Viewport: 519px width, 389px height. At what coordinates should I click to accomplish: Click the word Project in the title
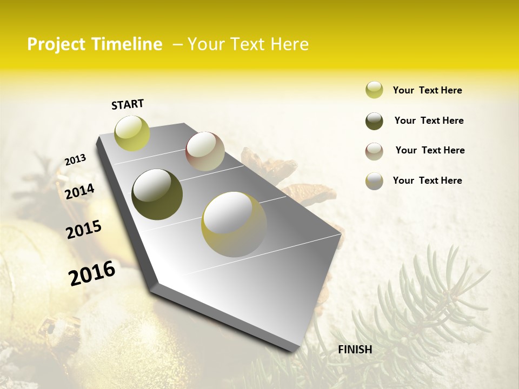pyautogui.click(x=56, y=44)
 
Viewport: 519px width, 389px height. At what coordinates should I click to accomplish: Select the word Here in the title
pyautogui.click(x=289, y=44)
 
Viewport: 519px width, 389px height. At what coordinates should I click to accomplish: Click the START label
pyautogui.click(x=128, y=104)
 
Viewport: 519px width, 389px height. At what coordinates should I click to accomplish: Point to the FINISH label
pyautogui.click(x=355, y=350)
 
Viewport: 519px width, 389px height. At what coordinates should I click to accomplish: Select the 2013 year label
pyautogui.click(x=76, y=160)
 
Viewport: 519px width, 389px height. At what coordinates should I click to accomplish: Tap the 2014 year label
pyautogui.click(x=80, y=191)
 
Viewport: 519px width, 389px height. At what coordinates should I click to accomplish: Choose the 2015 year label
pyautogui.click(x=84, y=230)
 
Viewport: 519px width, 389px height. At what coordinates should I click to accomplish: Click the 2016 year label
pyautogui.click(x=92, y=273)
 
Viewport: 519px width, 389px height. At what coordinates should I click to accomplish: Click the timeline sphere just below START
pyautogui.click(x=132, y=133)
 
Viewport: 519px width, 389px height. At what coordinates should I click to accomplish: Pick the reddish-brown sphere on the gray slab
pyautogui.click(x=205, y=151)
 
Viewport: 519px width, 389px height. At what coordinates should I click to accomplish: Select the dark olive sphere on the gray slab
pyautogui.click(x=157, y=194)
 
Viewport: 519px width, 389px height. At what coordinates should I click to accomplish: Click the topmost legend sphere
pyautogui.click(x=374, y=90)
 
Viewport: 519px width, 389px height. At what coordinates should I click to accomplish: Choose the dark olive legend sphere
pyautogui.click(x=374, y=121)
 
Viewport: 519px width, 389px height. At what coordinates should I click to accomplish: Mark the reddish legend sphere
pyautogui.click(x=374, y=151)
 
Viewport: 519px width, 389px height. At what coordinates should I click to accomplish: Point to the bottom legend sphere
pyautogui.click(x=374, y=181)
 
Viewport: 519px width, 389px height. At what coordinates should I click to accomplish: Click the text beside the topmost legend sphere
pyautogui.click(x=427, y=90)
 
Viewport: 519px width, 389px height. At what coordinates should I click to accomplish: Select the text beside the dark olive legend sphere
pyautogui.click(x=429, y=120)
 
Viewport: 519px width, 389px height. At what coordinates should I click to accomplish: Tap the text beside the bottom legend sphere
pyautogui.click(x=427, y=180)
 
